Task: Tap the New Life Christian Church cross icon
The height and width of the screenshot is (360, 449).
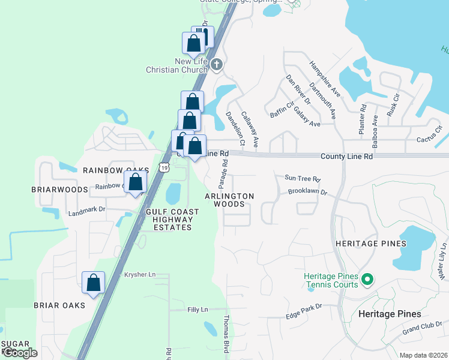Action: click(217, 64)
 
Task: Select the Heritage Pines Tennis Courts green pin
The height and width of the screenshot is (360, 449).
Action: click(369, 279)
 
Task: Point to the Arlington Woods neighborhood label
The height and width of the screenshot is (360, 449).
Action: click(229, 200)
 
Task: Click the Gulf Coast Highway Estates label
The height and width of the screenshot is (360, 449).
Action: click(169, 219)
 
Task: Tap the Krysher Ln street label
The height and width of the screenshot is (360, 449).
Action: click(139, 275)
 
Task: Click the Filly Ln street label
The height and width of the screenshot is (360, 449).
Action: click(196, 310)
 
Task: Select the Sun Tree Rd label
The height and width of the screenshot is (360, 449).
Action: click(303, 179)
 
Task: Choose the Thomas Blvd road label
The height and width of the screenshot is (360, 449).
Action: click(226, 334)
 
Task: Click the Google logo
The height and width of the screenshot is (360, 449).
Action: click(20, 353)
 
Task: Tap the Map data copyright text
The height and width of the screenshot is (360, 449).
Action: click(423, 355)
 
